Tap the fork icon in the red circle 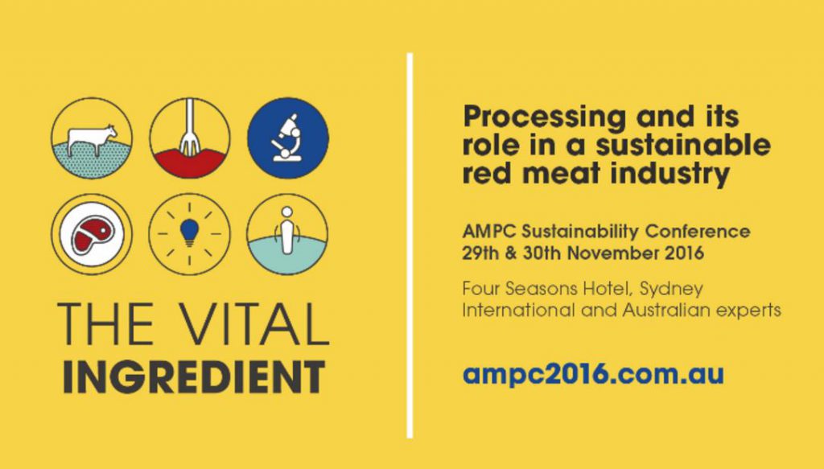pos(189,128)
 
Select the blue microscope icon pos(286,138)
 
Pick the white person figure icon pos(286,230)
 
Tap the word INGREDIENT pos(194,376)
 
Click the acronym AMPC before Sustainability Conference pos(490,231)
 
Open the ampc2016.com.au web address pos(593,374)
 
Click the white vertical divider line pos(410,245)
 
